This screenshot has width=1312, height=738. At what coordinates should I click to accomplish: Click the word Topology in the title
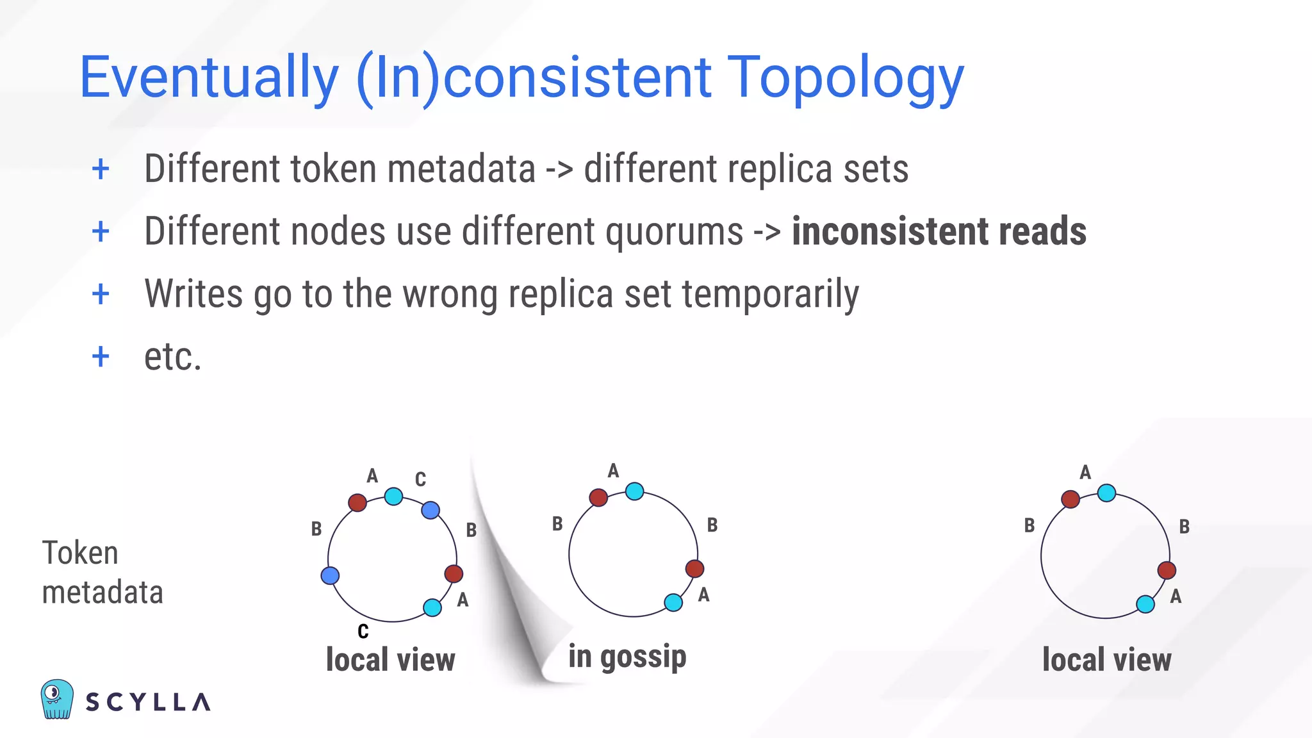point(846,78)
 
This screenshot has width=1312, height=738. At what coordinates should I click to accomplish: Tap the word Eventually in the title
point(209,78)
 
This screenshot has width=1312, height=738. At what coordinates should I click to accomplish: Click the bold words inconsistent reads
point(939,231)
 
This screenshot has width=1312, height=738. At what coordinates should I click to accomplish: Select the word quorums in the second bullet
point(674,231)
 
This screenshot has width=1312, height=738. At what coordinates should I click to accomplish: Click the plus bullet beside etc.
point(101,356)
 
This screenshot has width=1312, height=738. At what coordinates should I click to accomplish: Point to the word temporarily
point(770,294)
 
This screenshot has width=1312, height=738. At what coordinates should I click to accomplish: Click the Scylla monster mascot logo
point(57,699)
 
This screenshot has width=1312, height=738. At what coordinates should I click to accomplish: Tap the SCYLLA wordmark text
point(148,702)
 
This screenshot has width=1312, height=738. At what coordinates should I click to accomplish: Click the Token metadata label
point(102,572)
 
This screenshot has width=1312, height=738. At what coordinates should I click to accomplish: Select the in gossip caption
point(627,657)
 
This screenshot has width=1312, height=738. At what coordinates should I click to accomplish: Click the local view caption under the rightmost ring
point(1106,660)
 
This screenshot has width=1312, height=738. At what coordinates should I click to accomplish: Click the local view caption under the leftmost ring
point(390,660)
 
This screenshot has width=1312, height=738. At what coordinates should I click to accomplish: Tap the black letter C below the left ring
point(363,632)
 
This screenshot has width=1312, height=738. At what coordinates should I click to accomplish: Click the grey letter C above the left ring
point(420,479)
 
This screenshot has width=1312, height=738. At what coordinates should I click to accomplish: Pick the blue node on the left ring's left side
point(330,575)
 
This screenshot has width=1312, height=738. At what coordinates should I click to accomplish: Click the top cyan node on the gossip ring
point(634,491)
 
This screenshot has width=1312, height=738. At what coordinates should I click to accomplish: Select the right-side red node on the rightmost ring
point(1167,570)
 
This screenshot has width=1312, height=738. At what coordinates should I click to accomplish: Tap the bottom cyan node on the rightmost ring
point(1145,603)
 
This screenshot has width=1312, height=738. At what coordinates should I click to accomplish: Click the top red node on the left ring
point(357,502)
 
